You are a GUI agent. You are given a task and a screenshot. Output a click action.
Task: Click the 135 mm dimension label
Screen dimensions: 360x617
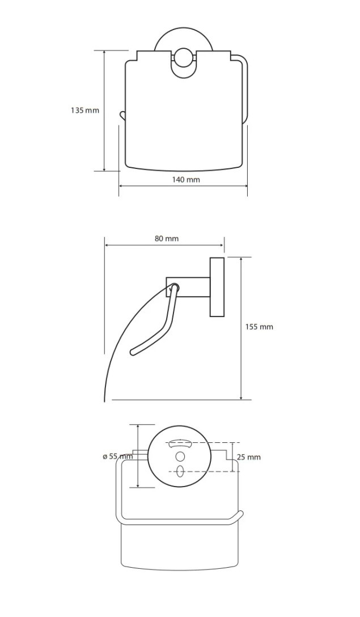coord(85,110)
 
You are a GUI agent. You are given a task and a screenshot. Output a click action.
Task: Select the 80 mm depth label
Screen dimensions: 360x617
coord(167,238)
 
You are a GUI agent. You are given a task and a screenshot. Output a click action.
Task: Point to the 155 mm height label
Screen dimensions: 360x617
coord(259,327)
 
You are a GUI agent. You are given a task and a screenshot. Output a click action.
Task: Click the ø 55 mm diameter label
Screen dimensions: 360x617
coord(117,457)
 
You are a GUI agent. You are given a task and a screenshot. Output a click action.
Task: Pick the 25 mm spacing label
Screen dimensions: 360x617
coord(249,457)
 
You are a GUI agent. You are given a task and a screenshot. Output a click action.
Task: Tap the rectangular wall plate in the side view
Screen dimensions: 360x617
coord(217,287)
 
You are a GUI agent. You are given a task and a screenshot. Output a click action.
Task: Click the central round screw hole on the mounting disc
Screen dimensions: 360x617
coord(180,457)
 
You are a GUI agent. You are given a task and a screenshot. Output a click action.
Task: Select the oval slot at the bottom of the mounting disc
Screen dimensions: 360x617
coord(180,471)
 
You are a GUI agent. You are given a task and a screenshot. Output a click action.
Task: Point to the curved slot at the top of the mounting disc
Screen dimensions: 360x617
coord(180,444)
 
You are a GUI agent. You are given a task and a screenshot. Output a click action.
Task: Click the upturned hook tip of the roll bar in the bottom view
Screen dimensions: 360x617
coord(240,514)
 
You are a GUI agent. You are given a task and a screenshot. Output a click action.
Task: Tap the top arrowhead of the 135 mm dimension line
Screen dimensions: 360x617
coord(104,53)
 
